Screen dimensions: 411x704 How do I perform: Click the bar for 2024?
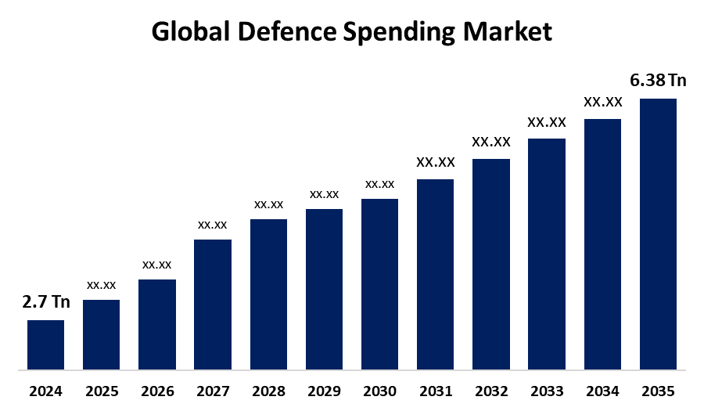click(45, 344)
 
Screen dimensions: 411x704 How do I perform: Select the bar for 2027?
click(213, 304)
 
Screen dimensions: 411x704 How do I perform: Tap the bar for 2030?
click(379, 283)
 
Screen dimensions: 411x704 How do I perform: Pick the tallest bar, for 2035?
click(658, 233)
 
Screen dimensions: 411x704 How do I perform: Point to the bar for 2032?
click(491, 264)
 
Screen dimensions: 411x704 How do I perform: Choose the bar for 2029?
click(324, 289)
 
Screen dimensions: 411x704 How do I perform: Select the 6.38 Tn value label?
click(658, 81)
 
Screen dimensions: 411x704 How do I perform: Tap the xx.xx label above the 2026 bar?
click(157, 265)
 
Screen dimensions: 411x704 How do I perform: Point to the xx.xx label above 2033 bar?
click(547, 122)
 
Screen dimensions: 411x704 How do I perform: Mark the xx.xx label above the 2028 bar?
click(268, 204)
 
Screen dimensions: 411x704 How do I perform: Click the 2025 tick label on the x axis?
click(102, 391)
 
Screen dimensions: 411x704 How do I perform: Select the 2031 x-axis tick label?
click(435, 391)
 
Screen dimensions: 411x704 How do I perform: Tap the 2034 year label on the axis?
click(602, 391)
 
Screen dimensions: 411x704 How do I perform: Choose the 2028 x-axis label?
click(268, 391)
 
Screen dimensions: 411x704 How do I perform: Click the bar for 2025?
click(102, 334)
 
